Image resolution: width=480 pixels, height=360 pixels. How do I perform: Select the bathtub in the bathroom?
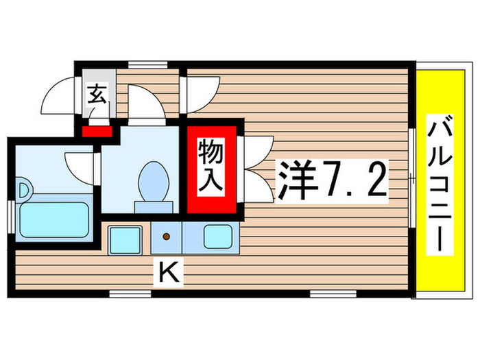(x=55, y=219)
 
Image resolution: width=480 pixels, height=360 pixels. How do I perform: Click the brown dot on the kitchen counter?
(x=166, y=237)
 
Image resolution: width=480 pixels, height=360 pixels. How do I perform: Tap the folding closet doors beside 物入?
(x=257, y=168)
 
